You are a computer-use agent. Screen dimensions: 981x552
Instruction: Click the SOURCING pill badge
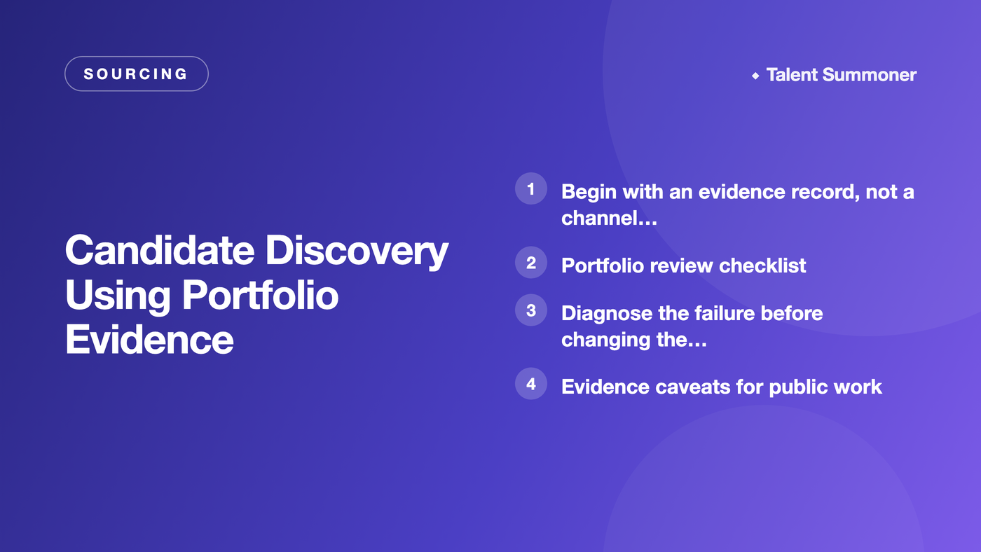[x=136, y=74]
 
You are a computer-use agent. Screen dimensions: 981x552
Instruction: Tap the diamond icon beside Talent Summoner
[x=755, y=76]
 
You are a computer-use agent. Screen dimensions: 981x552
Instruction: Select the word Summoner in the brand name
[x=870, y=75]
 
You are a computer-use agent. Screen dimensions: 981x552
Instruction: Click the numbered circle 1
[x=531, y=188]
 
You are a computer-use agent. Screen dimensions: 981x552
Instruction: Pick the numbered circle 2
[x=531, y=263]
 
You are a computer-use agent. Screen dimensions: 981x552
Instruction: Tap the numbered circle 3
[x=531, y=310]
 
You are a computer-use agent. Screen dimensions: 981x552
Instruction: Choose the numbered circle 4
[x=531, y=383]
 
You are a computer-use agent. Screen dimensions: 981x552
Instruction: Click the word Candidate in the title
[x=160, y=250]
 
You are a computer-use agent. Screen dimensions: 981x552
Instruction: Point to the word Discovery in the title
[x=357, y=251]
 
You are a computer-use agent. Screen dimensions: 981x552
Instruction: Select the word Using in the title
[x=118, y=296]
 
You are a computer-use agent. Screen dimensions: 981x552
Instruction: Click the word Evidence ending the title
[x=149, y=340]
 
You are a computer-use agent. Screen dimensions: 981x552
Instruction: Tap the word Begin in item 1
[x=589, y=193]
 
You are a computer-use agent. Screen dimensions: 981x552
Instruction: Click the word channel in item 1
[x=598, y=218]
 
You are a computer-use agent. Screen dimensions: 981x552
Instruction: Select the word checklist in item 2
[x=762, y=265]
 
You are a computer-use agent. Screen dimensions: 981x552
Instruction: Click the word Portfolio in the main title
[x=260, y=295]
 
